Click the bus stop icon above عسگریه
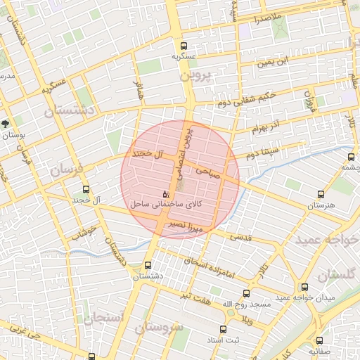tap(184, 44)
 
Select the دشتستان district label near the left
tap(69, 110)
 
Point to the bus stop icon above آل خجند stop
tap(86, 189)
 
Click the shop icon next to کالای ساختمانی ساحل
tap(165, 193)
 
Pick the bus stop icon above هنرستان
tap(321, 194)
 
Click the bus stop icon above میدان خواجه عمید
tap(304, 287)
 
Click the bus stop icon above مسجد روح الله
tap(246, 293)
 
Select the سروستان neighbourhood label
tap(159, 328)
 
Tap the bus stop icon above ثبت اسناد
tap(223, 330)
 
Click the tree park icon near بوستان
tap(6, 124)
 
